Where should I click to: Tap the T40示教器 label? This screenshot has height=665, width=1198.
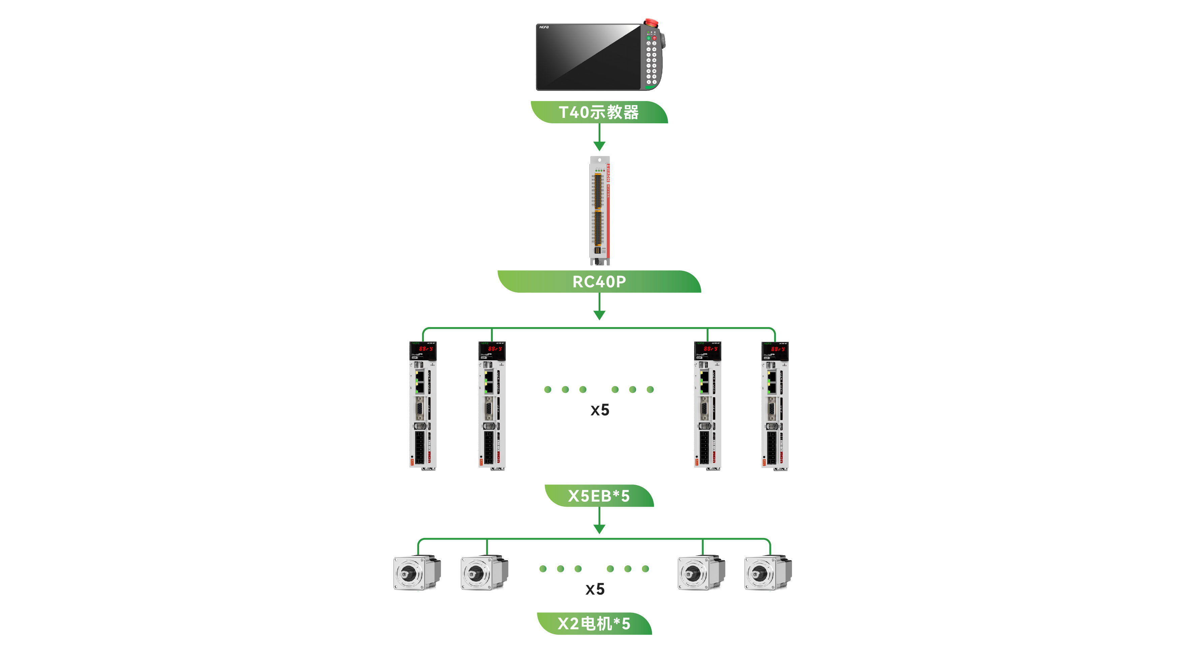coord(599,112)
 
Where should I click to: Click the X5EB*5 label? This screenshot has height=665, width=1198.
coord(599,496)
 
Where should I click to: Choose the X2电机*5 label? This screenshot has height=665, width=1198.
coord(594,624)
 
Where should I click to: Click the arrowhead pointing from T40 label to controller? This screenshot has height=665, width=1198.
coord(599,146)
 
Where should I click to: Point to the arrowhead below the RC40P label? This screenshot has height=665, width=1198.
coord(599,315)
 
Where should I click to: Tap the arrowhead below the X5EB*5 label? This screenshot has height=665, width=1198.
coord(599,529)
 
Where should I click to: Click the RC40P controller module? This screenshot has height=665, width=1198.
coord(599,210)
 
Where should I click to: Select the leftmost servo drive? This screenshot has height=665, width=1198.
coord(423,406)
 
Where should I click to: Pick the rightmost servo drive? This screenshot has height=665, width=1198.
coord(775,406)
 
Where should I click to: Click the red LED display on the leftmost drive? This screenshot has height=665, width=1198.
coord(425,348)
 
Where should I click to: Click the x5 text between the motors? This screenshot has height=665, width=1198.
coord(595,589)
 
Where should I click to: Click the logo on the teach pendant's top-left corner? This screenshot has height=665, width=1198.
coord(544,27)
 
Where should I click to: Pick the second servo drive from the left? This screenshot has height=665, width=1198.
coord(492,406)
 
